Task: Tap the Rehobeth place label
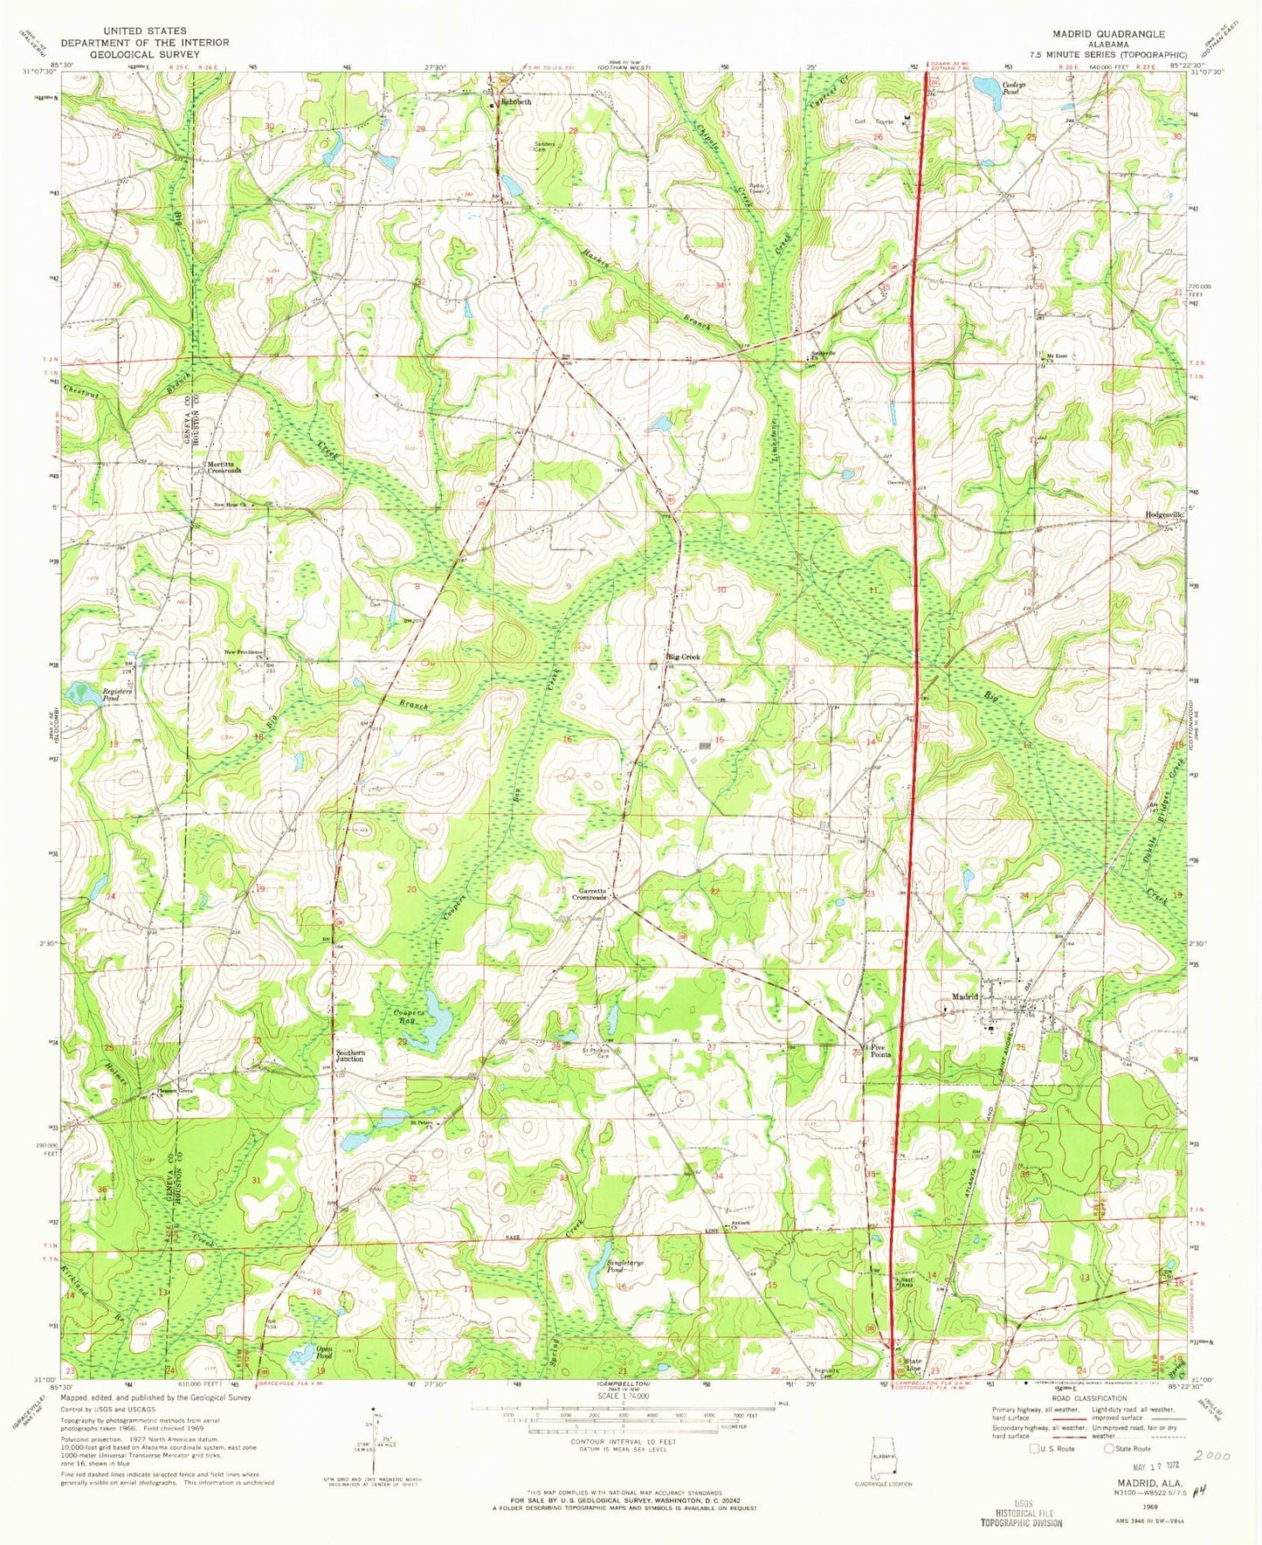point(514,102)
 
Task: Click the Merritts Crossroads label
point(224,466)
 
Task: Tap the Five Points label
point(879,1051)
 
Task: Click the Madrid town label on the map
point(964,997)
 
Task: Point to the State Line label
point(914,1363)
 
